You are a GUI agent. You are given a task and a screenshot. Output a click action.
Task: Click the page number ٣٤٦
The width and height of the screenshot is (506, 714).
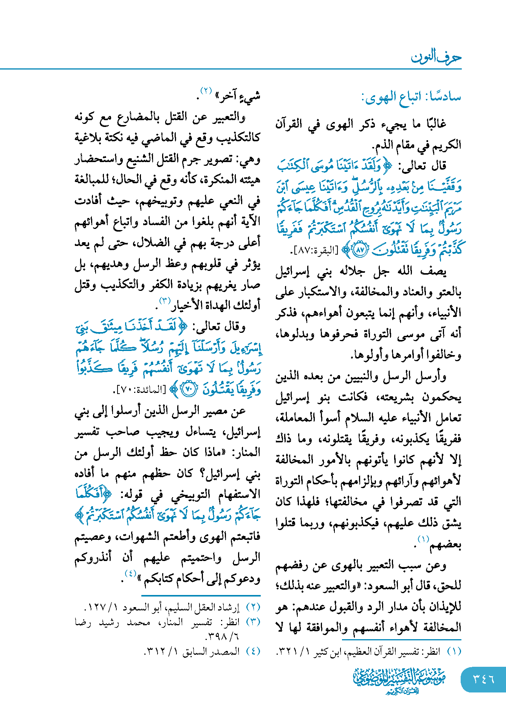pos(483,679)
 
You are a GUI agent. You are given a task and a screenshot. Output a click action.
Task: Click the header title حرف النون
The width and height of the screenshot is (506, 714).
pos(436,57)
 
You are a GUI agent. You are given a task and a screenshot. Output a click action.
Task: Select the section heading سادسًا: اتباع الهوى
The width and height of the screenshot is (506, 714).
pos(411,97)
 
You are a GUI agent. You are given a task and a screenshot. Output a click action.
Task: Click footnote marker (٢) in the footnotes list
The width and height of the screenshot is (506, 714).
pos(253,607)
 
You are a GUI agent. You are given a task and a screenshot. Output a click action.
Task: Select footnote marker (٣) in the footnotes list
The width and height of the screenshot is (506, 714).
pos(253,621)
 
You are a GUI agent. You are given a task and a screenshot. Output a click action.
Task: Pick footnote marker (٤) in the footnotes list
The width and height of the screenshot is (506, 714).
pos(253,651)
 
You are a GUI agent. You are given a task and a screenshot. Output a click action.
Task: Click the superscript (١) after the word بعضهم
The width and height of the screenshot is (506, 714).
pos(422,539)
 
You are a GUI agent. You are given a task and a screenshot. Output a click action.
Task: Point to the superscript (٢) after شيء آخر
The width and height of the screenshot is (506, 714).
pos(206,91)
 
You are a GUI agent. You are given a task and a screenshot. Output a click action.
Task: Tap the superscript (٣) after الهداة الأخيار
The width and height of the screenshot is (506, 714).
pos(165,301)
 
